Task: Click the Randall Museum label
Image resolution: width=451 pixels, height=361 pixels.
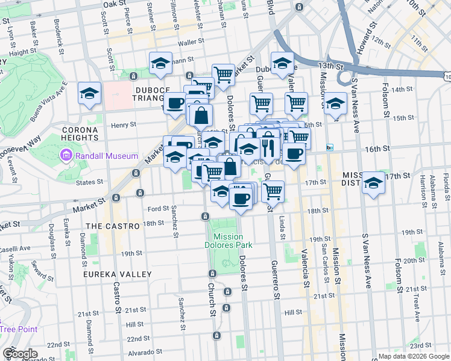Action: coord(101,156)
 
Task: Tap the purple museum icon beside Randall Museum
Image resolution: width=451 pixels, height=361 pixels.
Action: coord(65,156)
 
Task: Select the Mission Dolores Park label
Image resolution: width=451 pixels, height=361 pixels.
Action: coord(229,241)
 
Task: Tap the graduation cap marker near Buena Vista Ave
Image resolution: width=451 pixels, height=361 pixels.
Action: coord(89,93)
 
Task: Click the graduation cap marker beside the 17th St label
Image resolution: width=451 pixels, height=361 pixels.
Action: coord(374,182)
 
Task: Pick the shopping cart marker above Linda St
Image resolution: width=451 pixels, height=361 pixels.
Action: coord(273,191)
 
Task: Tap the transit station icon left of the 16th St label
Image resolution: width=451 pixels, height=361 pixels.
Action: coord(329,147)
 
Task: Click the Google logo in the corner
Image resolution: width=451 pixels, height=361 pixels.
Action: coord(19,354)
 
